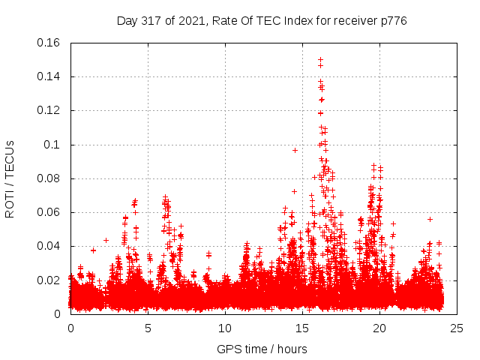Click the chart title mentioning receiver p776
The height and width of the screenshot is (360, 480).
[x=262, y=21]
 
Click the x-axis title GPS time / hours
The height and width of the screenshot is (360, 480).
[x=262, y=349]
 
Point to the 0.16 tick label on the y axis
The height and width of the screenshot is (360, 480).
[x=49, y=43]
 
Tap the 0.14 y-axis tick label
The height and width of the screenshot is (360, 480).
[x=49, y=76]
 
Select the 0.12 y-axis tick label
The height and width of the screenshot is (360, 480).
[x=49, y=110]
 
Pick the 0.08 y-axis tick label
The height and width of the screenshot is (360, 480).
[x=49, y=178]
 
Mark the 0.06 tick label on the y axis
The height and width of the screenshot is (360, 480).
[x=49, y=212]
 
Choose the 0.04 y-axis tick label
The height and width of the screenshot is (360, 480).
[x=49, y=246]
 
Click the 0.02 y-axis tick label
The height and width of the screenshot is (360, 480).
[x=49, y=280]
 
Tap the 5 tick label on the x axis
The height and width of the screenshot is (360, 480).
[x=148, y=328]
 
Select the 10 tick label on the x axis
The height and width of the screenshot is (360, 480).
[x=225, y=328]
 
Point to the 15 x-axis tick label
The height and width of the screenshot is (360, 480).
[x=302, y=328]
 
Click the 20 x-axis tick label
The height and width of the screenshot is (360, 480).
[x=379, y=328]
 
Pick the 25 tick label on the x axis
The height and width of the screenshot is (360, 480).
[x=457, y=328]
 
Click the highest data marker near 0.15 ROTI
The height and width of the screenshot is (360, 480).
[x=320, y=59]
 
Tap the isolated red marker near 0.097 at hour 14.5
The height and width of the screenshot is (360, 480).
[x=295, y=150]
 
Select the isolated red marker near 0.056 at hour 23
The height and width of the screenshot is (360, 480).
[x=430, y=219]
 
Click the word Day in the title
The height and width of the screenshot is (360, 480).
[x=127, y=21]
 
